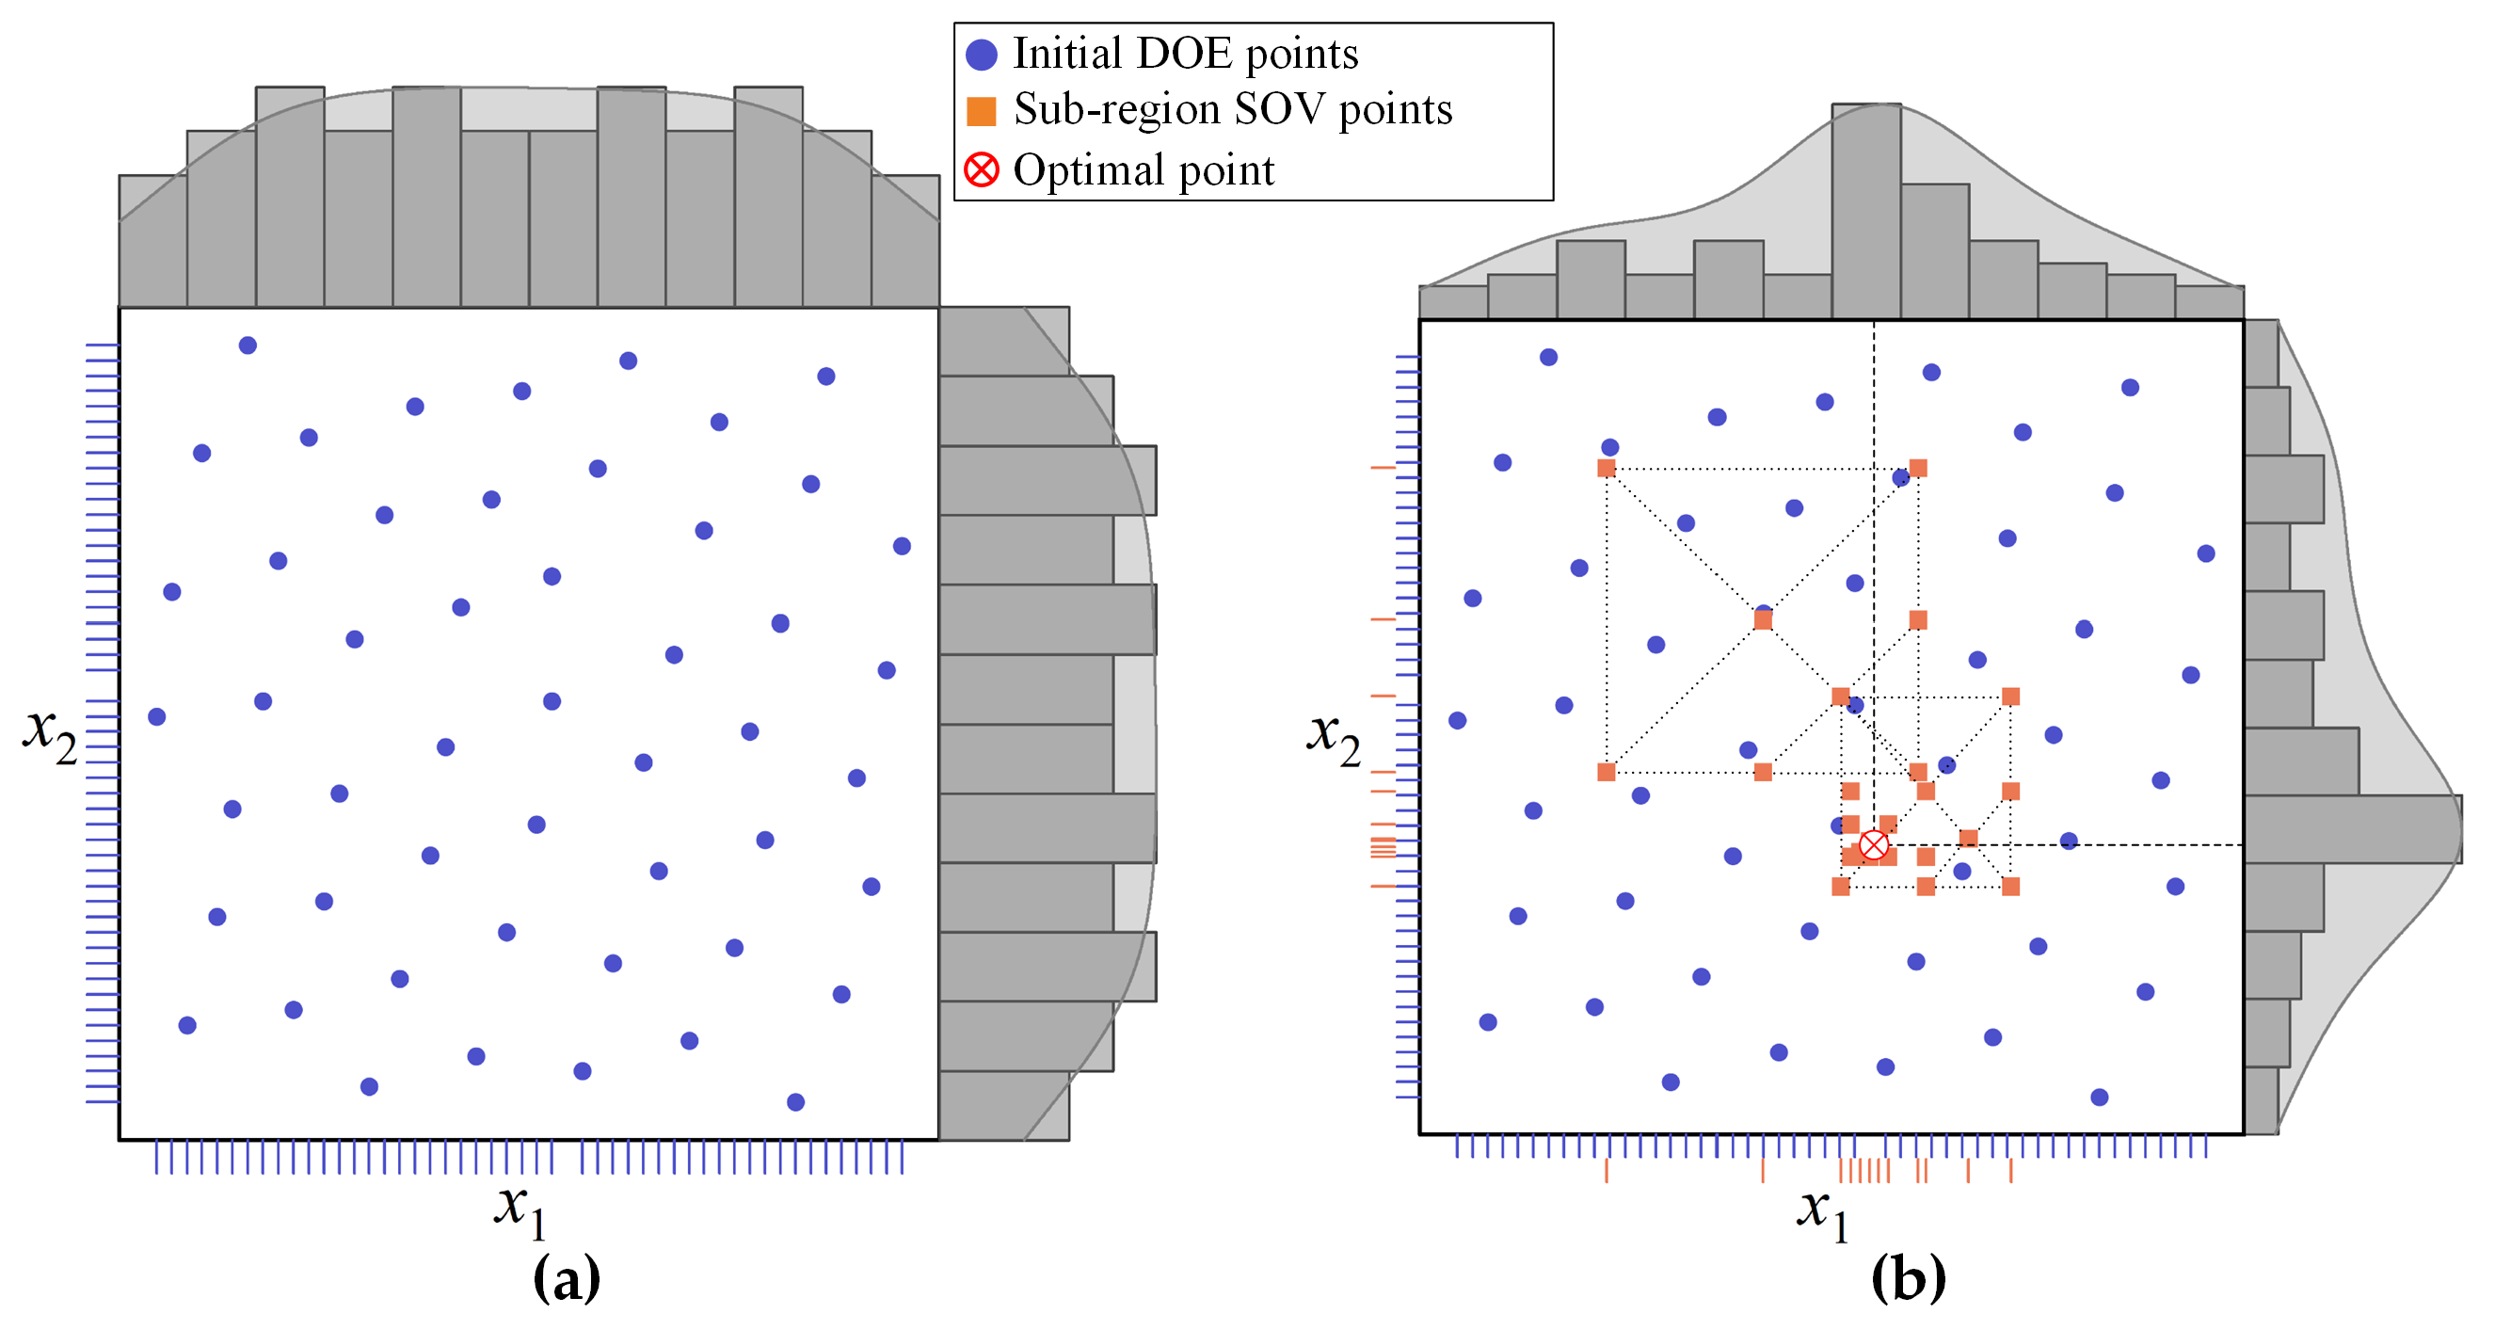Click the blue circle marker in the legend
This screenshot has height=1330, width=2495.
coord(981,56)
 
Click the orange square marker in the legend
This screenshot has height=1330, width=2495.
coord(981,111)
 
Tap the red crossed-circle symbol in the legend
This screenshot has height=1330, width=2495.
coord(981,170)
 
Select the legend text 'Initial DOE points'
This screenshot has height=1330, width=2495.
coord(1185,55)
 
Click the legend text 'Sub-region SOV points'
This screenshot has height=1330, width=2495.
coord(1232,109)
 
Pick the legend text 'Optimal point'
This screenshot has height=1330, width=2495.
coord(1143,170)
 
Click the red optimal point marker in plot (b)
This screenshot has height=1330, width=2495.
coord(1873,844)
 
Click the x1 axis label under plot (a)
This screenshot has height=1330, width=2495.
coord(521,1209)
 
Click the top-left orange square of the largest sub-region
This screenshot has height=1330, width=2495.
coord(1606,469)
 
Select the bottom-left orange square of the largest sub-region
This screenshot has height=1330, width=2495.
coord(1606,772)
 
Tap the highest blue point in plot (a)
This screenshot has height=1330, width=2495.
coord(248,345)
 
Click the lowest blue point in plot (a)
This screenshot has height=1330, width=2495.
coord(795,1101)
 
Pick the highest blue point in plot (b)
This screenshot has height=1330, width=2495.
coord(1548,358)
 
